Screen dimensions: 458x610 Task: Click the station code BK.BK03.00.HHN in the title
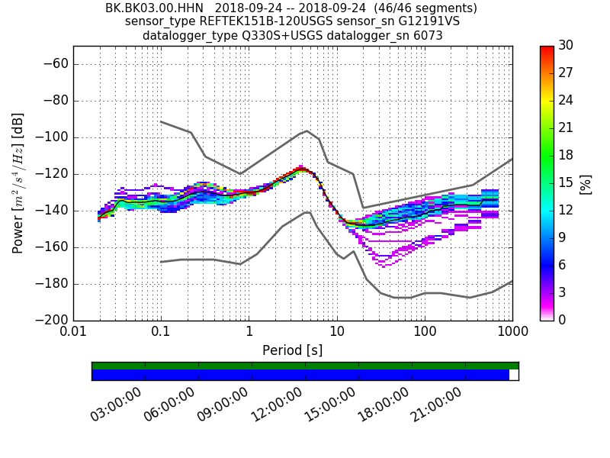pyautogui.click(x=155, y=8)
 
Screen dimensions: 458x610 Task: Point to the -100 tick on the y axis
pyautogui.click(x=54, y=137)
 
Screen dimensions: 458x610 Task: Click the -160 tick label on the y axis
pyautogui.click(x=54, y=247)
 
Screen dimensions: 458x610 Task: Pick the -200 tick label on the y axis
pyautogui.click(x=54, y=320)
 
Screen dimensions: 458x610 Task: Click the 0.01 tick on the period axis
pyautogui.click(x=73, y=333)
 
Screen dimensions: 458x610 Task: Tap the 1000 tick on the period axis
pyautogui.click(x=512, y=333)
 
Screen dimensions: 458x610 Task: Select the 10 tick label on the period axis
pyautogui.click(x=336, y=333)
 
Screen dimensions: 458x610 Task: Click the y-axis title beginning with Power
pyautogui.click(x=18, y=183)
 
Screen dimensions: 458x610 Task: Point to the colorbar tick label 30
pyautogui.click(x=567, y=46)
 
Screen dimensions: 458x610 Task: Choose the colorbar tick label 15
pyautogui.click(x=567, y=182)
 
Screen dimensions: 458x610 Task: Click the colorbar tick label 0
pyautogui.click(x=563, y=320)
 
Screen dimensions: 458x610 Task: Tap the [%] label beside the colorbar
pyautogui.click(x=586, y=183)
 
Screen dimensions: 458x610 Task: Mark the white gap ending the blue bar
pyautogui.click(x=514, y=375)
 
